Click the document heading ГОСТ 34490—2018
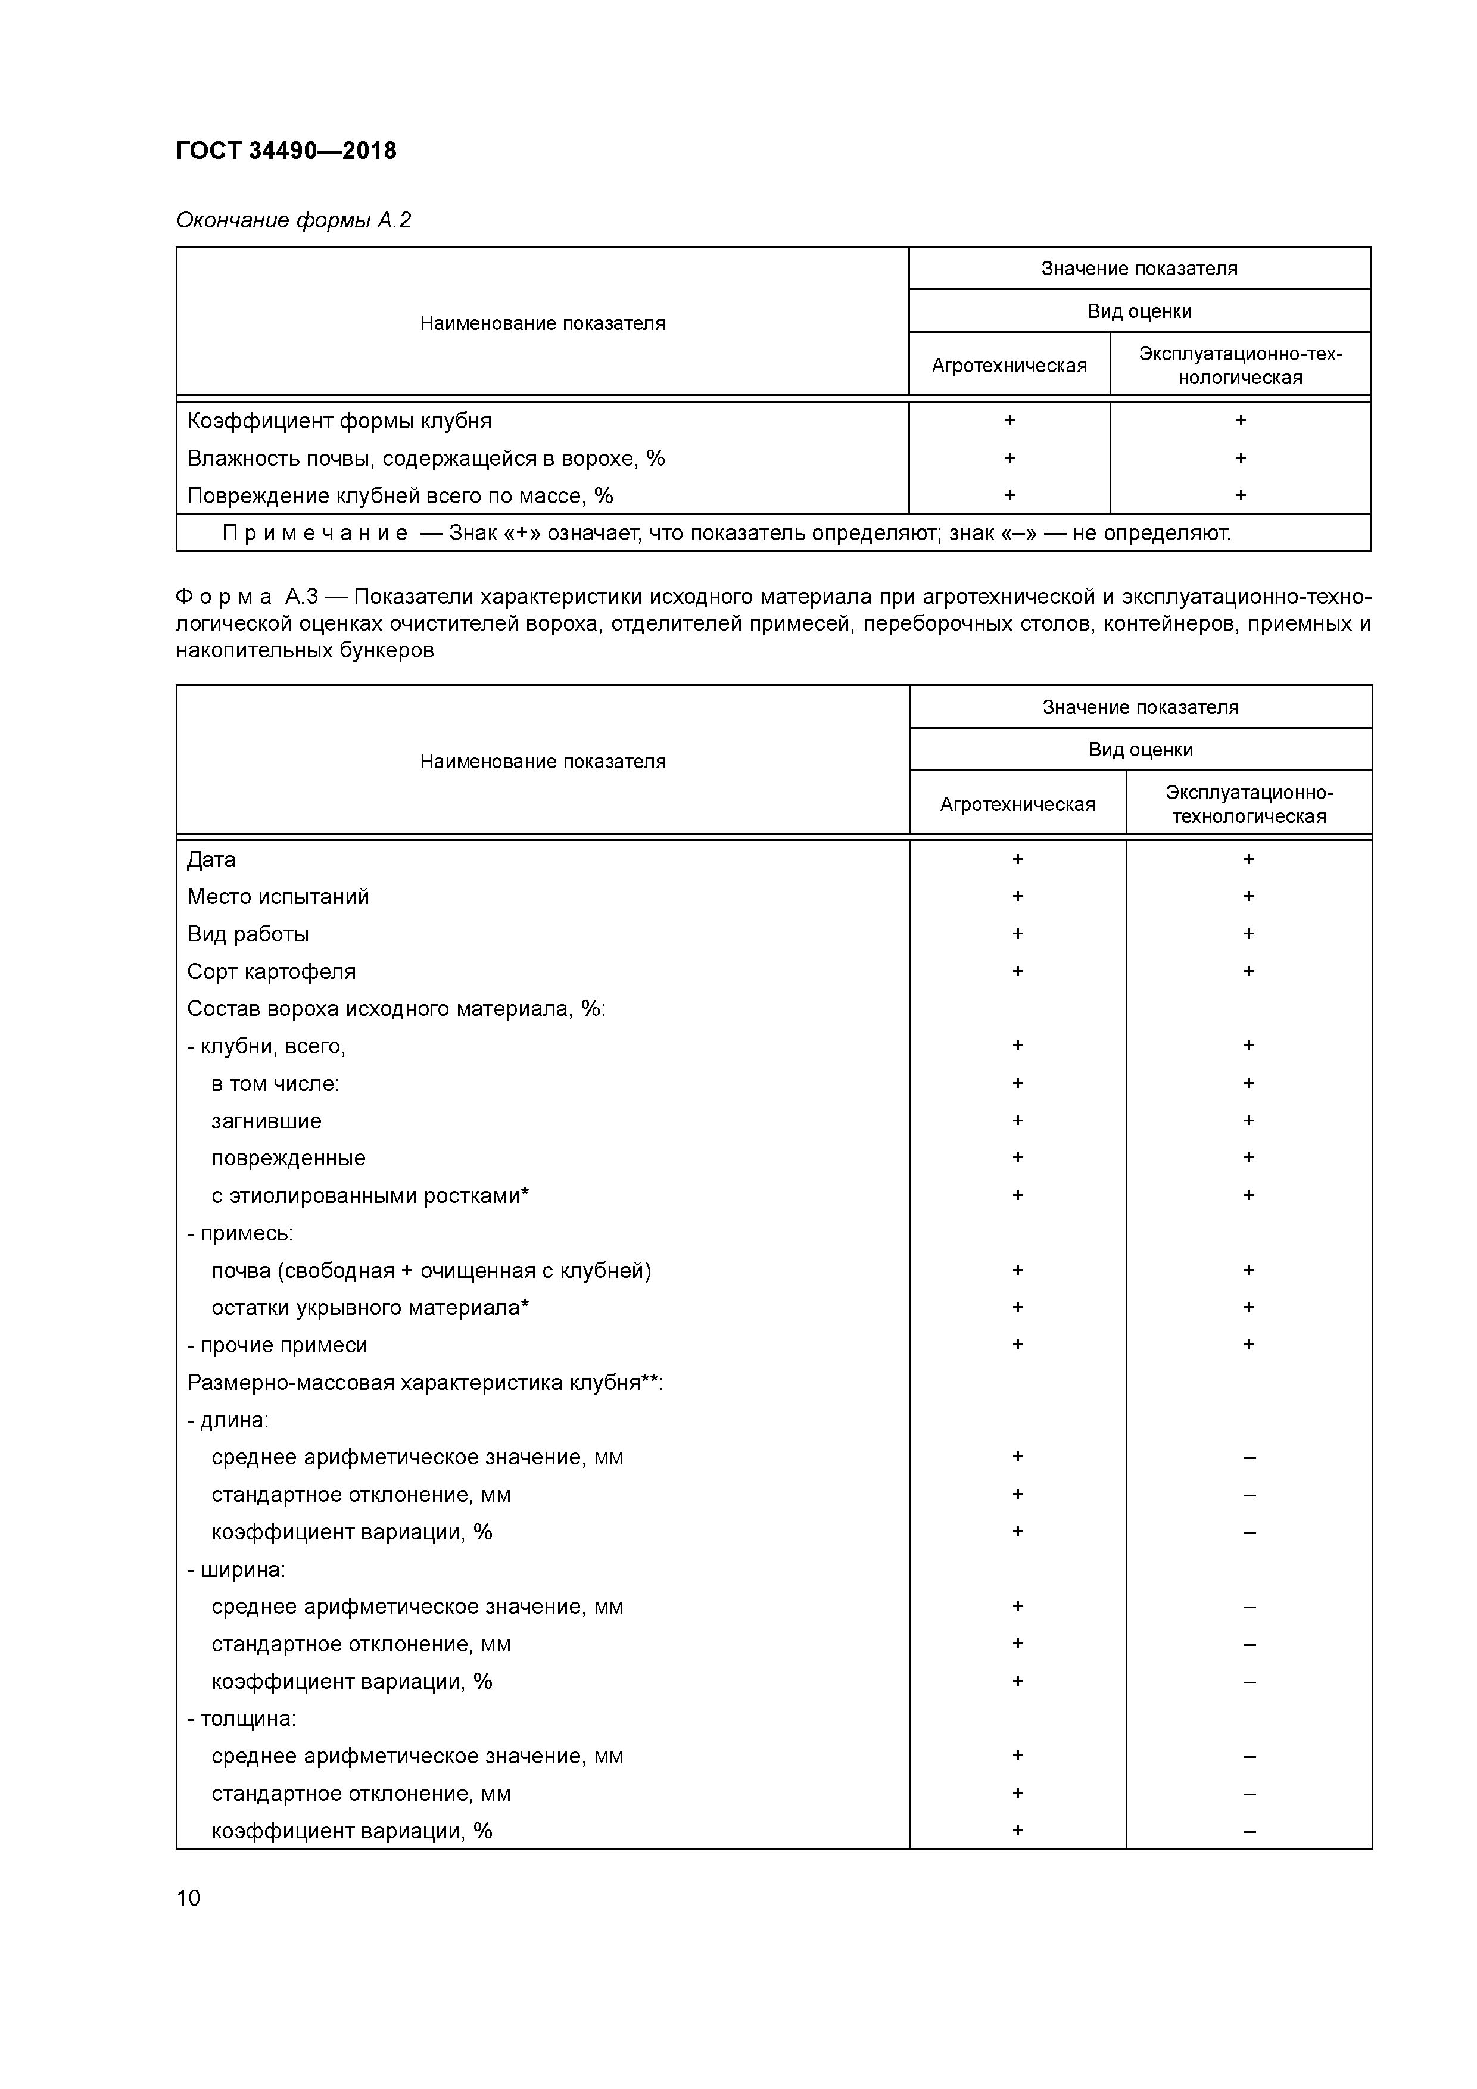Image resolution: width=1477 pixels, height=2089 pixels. tap(286, 151)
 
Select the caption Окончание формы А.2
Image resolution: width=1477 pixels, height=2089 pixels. tap(293, 220)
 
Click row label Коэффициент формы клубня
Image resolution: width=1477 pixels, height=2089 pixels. tap(338, 421)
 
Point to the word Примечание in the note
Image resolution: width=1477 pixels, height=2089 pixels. tap(315, 533)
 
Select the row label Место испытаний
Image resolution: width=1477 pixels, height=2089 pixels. tap(278, 897)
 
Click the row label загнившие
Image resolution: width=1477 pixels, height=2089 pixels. tap(266, 1121)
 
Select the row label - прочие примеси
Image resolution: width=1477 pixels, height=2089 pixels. tap(277, 1345)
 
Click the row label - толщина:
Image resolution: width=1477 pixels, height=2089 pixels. tap(241, 1719)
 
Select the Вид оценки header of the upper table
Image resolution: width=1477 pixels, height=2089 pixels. tap(1139, 311)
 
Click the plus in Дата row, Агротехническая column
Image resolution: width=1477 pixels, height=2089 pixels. tap(1017, 859)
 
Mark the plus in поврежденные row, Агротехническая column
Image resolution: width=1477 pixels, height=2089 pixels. tap(1017, 1157)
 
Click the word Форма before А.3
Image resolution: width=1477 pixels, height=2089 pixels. tap(224, 597)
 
